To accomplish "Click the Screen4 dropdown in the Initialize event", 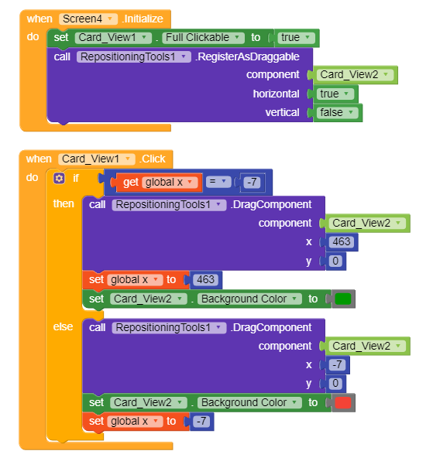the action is tap(88, 19).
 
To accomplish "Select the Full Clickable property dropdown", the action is tap(203, 38).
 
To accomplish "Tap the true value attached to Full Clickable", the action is tap(296, 38).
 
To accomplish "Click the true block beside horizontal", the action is tap(335, 94).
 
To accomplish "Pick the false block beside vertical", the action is tap(337, 112).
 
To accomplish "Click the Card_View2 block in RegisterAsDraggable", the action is tap(355, 74).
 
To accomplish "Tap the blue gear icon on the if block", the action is tap(59, 178).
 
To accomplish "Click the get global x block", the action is tap(157, 182).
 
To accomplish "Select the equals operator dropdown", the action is tap(218, 182).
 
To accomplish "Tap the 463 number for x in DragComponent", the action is tap(342, 242).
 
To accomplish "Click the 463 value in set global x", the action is tap(205, 280).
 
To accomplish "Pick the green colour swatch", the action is tap(342, 299).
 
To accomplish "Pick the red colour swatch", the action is tap(342, 403).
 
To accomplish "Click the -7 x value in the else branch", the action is tap(337, 364).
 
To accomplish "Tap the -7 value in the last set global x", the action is tap(201, 421).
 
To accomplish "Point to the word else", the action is tap(63, 326).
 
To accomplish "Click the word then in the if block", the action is tap(64, 203).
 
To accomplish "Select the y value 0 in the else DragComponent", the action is tap(335, 384).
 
